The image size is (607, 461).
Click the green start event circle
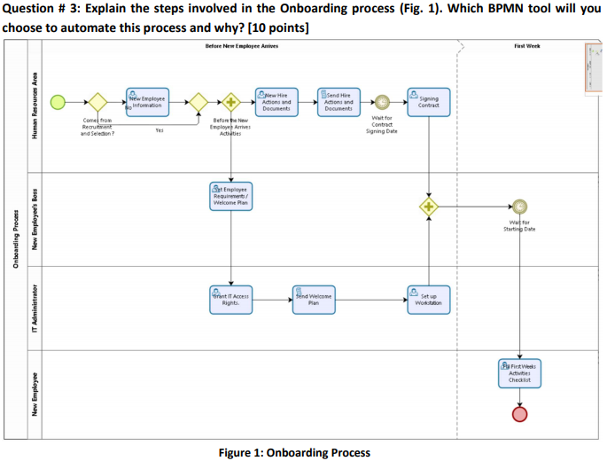[x=58, y=102]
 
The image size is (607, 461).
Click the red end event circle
[x=520, y=414]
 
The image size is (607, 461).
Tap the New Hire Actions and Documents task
[x=276, y=102]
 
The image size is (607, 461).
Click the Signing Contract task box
[x=428, y=102]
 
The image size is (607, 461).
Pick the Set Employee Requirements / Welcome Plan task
[x=231, y=197]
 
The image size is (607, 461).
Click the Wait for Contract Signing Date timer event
[x=383, y=102]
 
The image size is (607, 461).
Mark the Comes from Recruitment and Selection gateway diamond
[x=96, y=102]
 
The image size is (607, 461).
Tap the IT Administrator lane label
[x=35, y=308]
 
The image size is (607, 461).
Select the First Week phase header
[x=526, y=45]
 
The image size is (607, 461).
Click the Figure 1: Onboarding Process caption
[x=293, y=452]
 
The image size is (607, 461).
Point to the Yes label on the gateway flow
[x=160, y=130]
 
